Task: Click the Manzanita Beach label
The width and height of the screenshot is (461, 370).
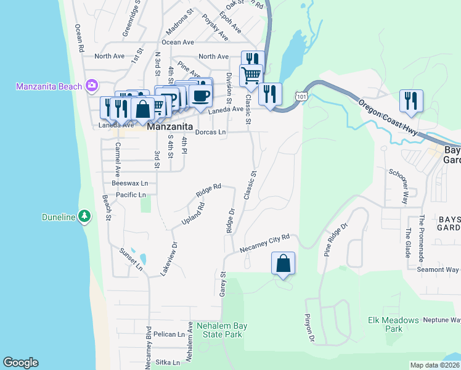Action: coord(49,86)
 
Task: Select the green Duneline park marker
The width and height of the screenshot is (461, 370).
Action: coord(85,216)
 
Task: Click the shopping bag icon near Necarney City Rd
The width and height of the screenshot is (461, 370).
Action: coord(283,263)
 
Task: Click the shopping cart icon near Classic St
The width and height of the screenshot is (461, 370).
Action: coord(251,76)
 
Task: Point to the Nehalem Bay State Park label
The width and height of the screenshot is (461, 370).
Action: coord(219,330)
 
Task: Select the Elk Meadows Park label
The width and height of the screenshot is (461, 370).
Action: coord(393,324)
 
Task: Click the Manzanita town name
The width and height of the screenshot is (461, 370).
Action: coord(168,126)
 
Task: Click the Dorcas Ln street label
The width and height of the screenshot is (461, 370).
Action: coord(210,132)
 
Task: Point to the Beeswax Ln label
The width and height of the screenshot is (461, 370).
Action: coord(129,183)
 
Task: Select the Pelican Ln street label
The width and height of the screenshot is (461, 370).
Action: coord(169,334)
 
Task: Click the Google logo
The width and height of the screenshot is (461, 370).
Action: coord(20,363)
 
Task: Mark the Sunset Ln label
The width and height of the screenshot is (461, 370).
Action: coord(130,259)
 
